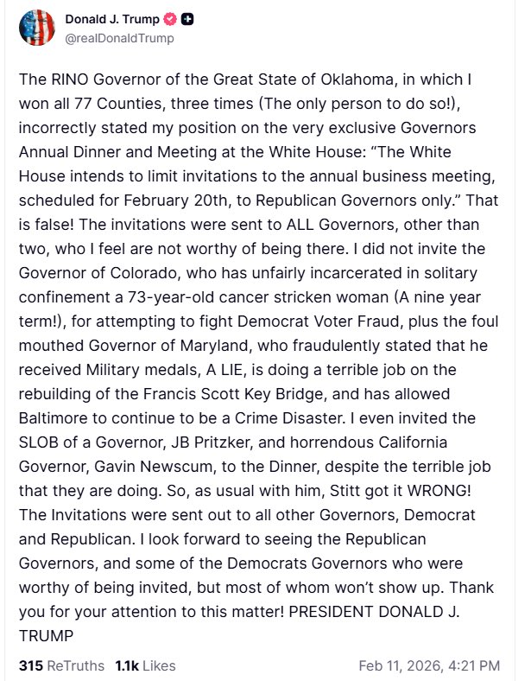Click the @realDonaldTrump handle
coord(120,38)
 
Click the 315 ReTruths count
coord(61,665)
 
